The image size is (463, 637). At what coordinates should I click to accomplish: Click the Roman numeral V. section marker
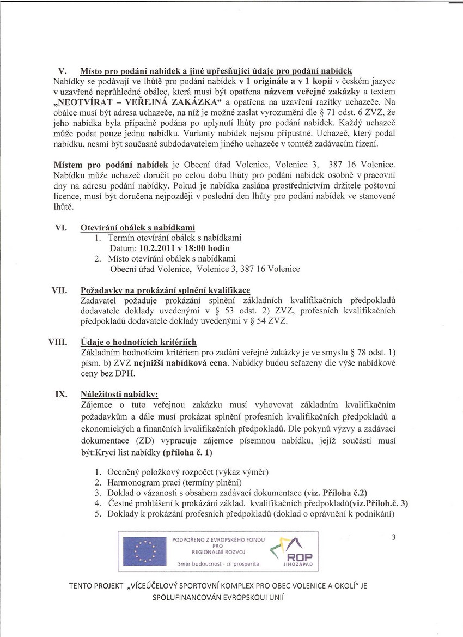62,71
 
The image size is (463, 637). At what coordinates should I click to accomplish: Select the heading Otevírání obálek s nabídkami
137,227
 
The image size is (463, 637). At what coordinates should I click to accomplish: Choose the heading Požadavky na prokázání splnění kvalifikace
165,290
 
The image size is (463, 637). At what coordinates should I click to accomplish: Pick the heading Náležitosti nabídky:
119,393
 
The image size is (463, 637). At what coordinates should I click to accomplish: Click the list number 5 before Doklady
98,513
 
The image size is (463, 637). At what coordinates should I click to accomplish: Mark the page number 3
393,537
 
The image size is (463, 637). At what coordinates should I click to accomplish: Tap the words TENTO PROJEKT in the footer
97,586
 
